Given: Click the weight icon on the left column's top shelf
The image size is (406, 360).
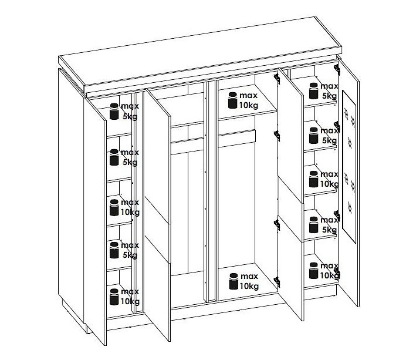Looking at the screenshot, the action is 114,112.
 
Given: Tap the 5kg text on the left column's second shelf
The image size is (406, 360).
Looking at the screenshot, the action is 130,163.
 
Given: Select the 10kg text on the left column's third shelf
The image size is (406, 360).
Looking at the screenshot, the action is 130,212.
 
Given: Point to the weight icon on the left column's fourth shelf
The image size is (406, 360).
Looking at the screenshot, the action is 114,250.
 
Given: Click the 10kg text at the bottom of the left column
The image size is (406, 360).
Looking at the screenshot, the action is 130,301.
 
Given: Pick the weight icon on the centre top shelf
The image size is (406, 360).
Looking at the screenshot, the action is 233,100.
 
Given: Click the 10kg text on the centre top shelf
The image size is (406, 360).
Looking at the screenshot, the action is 249,106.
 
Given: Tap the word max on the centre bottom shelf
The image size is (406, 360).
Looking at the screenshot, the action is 249,277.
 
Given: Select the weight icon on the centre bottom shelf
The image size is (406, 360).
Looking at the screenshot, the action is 234,281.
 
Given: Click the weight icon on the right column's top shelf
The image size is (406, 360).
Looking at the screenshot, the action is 313,91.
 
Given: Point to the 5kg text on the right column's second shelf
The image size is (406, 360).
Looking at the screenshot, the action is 329,140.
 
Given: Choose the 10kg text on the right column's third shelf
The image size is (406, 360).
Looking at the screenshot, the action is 329,184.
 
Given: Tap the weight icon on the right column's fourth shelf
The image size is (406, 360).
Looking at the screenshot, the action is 313,225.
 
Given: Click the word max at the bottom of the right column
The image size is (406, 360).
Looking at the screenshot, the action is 329,266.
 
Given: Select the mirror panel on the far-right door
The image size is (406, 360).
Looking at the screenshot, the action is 349,167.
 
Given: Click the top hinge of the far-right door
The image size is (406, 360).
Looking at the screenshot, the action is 337,69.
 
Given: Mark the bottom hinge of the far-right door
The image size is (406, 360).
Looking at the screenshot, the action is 337,272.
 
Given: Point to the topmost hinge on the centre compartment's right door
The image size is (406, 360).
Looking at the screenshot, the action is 277,78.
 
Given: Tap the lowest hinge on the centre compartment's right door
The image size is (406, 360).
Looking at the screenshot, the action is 277,282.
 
